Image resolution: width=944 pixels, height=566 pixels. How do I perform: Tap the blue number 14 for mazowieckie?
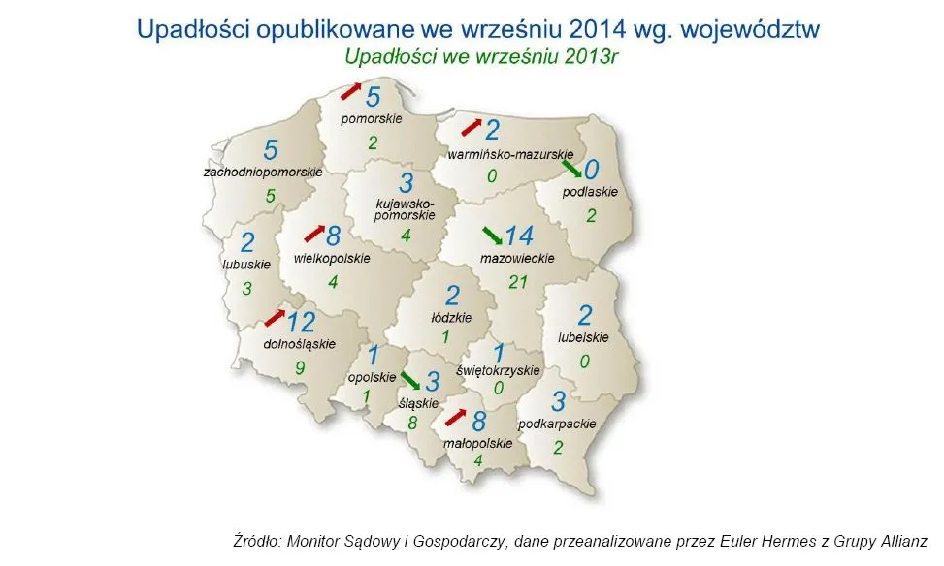click(519, 235)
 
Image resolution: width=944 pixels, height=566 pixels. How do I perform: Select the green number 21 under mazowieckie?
click(519, 282)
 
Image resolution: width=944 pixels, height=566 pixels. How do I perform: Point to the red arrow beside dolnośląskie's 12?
click(276, 318)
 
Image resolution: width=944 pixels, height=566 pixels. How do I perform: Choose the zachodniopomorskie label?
click(263, 172)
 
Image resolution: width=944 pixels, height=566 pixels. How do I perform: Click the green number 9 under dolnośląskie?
click(301, 367)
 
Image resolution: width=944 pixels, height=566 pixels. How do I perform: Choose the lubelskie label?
click(583, 338)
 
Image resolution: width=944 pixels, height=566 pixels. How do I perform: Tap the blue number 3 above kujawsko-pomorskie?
click(406, 182)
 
